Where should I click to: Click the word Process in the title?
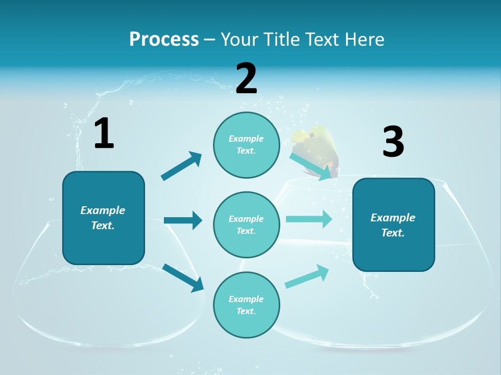[164, 40]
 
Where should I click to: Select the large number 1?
[104, 134]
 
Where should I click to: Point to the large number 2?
[246, 79]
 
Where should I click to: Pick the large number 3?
[393, 142]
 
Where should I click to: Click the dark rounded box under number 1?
[103, 218]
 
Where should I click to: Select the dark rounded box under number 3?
[393, 225]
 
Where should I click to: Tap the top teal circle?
[246, 145]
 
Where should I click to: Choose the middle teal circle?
[246, 225]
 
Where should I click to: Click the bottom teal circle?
[246, 305]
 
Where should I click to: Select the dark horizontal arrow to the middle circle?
[183, 220]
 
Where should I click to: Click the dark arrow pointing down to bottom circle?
[183, 277]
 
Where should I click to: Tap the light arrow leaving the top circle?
[310, 166]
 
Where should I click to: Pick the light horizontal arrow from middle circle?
[308, 219]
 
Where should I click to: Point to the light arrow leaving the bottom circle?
[307, 277]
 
